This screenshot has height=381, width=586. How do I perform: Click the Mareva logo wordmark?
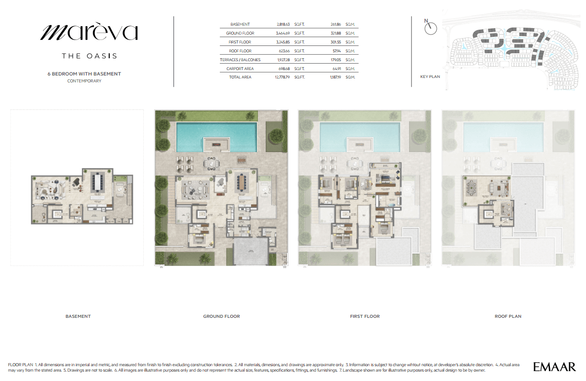88,33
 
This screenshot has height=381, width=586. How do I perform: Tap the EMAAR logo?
554,367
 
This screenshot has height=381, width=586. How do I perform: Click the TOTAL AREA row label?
240,77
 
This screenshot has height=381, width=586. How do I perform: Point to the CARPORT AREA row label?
240,69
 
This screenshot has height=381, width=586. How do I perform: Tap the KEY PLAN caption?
430,77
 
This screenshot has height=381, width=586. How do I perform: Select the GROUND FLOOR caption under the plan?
221,316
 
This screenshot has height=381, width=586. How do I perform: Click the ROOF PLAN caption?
508,316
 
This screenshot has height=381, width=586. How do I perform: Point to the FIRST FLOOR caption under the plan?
365,316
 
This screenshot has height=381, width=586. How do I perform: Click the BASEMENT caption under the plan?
78,316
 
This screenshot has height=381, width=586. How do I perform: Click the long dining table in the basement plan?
97,183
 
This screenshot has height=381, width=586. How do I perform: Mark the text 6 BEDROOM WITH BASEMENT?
84,74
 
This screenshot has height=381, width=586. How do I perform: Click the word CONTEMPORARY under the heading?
84,81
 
